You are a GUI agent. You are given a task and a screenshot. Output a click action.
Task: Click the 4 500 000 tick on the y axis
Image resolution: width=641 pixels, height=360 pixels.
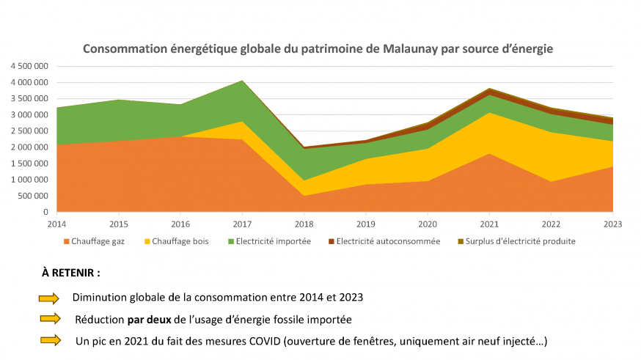coord(29,67)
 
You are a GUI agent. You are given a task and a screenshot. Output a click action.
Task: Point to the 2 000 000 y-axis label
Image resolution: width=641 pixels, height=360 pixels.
coord(29,147)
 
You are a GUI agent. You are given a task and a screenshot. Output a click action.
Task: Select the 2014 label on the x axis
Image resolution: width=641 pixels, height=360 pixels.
coord(56,222)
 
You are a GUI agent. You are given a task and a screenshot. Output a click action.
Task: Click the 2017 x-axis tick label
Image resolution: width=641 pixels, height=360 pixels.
coord(242,222)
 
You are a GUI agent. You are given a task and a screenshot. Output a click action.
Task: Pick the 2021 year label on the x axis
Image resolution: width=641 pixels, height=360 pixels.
coord(489,222)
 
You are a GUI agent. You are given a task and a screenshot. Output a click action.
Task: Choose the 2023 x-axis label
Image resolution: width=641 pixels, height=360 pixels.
coord(612,222)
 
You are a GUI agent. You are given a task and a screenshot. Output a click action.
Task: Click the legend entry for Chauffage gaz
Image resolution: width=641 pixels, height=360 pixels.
coord(96,241)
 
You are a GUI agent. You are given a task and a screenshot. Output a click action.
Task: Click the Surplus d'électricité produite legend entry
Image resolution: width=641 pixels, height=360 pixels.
coord(516,241)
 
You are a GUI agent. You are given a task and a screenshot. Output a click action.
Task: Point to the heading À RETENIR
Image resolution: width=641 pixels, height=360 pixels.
coord(71,272)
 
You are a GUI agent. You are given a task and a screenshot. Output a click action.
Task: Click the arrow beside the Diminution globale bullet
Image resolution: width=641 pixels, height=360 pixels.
coord(49,298)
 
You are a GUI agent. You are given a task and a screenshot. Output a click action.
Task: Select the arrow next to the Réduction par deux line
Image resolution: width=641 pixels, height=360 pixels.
coord(49,319)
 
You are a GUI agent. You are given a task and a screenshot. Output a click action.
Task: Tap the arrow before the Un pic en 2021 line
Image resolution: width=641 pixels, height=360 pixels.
coord(49,340)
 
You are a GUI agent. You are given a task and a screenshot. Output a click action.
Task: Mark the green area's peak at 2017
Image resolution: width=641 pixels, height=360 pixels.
coord(242,81)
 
